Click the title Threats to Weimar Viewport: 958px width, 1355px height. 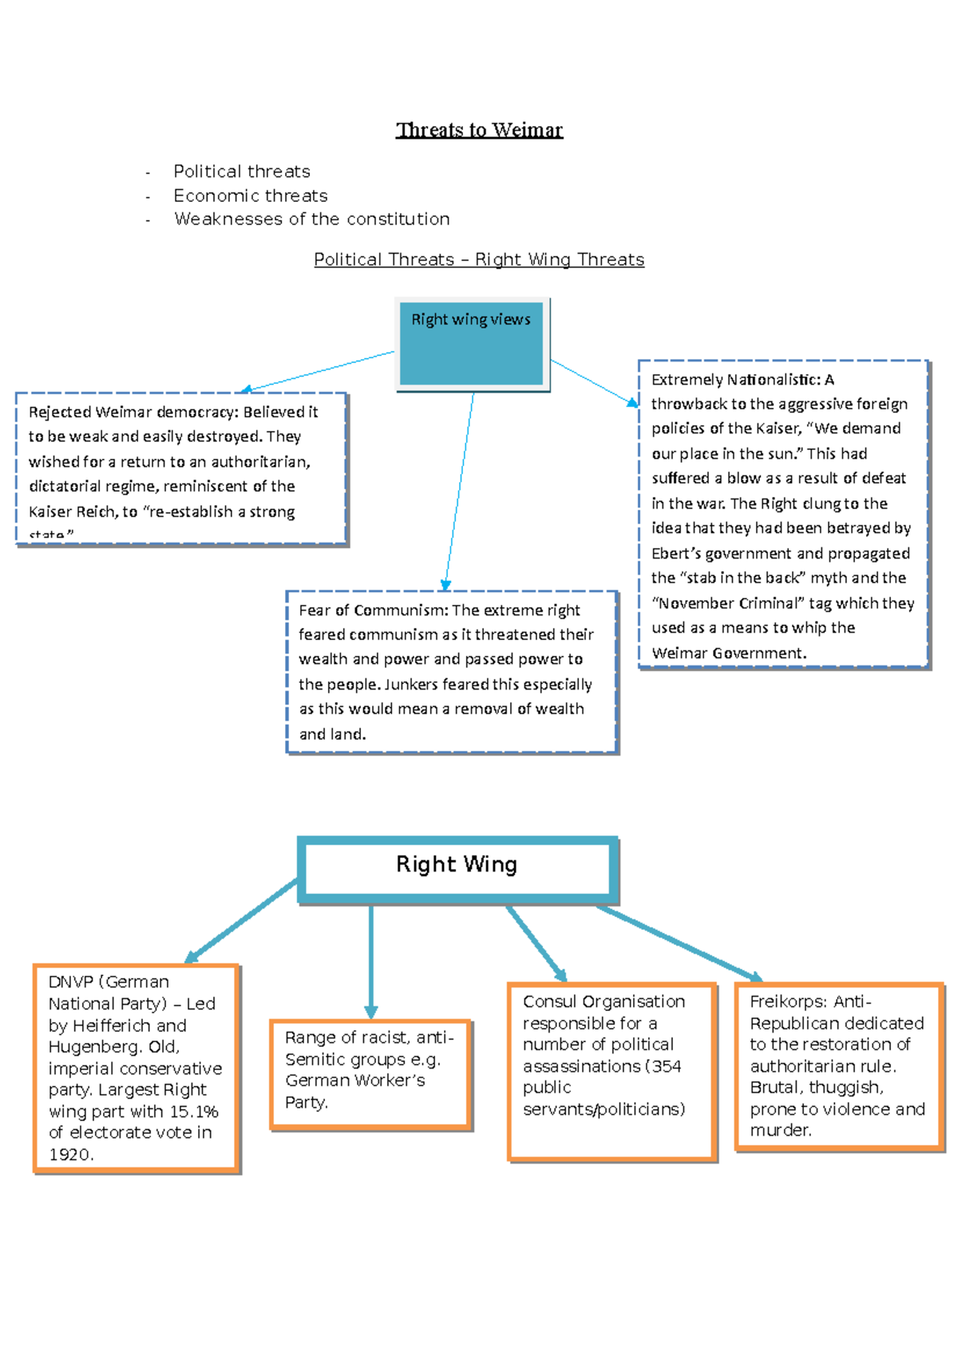point(479,129)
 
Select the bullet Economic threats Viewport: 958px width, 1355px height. point(250,196)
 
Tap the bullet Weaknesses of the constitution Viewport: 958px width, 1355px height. point(311,219)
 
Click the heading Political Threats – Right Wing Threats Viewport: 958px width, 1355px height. point(479,259)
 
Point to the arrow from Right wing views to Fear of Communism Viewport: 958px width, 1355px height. point(459,491)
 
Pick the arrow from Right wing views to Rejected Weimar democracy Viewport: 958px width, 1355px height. point(319,370)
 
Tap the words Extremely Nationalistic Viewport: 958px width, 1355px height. point(734,380)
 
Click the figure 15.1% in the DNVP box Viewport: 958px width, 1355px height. point(194,1112)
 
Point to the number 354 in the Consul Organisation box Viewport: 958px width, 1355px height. point(667,1066)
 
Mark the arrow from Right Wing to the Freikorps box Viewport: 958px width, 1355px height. point(679,942)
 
